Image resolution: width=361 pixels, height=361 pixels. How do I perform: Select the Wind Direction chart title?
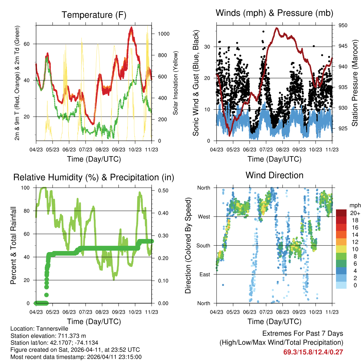[274, 175]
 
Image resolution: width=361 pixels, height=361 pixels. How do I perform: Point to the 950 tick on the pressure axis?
[343, 25]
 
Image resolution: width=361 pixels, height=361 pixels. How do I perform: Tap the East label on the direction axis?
[204, 274]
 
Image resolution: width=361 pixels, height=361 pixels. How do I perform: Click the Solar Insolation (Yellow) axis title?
[175, 83]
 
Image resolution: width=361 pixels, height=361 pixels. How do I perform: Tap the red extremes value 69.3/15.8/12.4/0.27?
[313, 352]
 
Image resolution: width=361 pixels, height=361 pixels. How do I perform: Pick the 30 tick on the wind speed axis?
[208, 47]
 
